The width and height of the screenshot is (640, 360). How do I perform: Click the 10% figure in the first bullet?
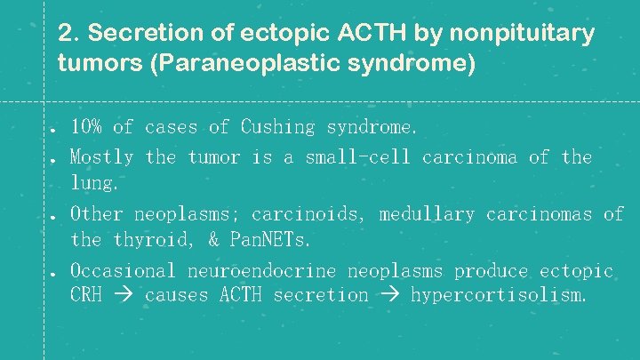click(86, 127)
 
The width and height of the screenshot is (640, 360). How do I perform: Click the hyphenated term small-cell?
click(357, 157)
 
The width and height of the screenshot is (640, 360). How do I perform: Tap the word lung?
click(94, 184)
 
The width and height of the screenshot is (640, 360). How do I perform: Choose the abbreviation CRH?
click(86, 294)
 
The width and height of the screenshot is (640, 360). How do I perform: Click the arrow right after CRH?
click(124, 295)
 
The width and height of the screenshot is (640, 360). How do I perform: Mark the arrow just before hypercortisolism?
click(389, 295)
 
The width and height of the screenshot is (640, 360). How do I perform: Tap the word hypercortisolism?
click(498, 294)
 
